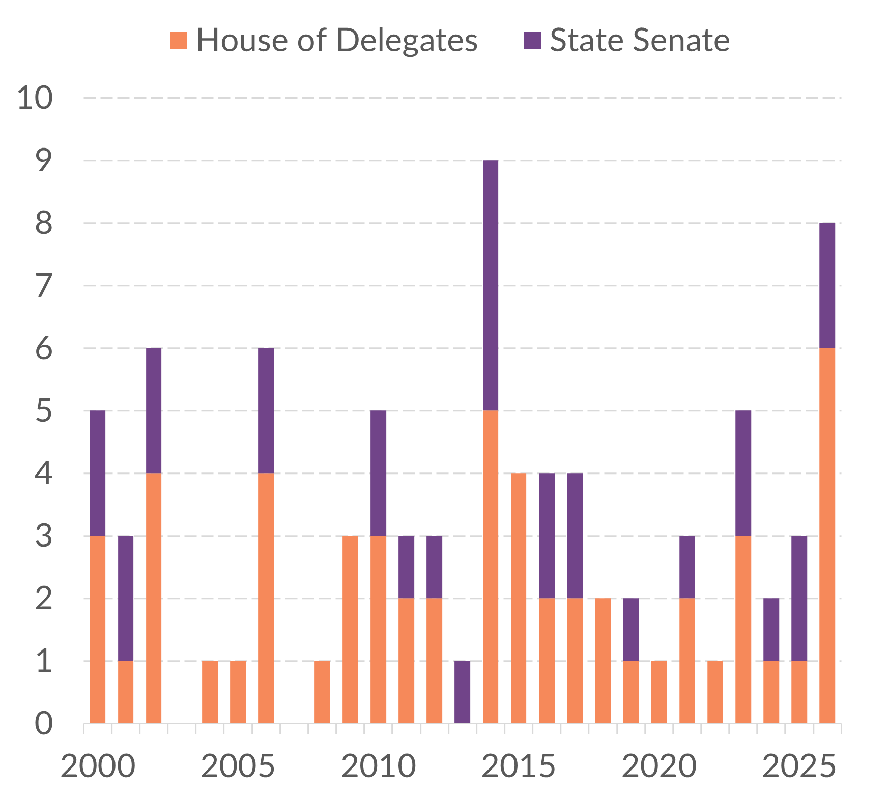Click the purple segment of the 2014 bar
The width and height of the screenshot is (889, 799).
pos(491,285)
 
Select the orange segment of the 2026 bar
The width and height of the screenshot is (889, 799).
pos(827,536)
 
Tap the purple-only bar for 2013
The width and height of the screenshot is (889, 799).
pos(462,692)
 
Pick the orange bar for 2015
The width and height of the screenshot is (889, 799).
pos(519,598)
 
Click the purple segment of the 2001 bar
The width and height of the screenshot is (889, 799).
pos(126,598)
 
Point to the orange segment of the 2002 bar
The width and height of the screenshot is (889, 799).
pos(154,598)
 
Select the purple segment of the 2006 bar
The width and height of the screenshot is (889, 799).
pos(266,410)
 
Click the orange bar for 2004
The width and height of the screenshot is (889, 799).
pos(210,692)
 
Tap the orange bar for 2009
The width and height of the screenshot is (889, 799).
pos(350,629)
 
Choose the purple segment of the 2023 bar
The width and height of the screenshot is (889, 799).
pos(743,473)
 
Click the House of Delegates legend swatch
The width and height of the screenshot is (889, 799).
pos(179,40)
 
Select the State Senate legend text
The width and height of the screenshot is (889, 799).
pos(640,40)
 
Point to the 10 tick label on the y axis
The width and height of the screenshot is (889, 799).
pos(35,98)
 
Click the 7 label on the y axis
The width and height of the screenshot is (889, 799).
pos(44,285)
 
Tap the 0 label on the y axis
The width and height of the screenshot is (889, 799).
pos(44,723)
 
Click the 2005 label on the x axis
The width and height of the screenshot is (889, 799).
pos(238,766)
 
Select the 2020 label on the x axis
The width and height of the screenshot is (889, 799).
pos(659,766)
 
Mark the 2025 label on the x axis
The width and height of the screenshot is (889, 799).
pos(799,766)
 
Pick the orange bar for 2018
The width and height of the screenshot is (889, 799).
pos(603,661)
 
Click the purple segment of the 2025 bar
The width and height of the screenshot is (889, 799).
pos(799,598)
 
